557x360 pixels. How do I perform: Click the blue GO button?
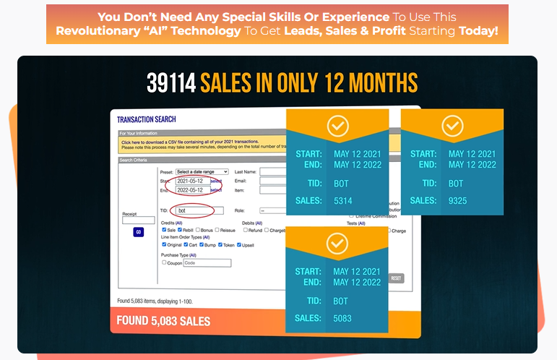138,232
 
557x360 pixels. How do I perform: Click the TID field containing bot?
194,210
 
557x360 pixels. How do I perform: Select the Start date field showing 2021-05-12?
192,181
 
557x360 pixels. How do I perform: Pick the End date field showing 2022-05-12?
192,189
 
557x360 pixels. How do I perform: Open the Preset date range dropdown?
202,171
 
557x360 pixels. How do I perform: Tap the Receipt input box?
138,220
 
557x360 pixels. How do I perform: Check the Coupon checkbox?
163,263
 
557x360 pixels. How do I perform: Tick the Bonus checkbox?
197,230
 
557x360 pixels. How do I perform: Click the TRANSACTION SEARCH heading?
147,119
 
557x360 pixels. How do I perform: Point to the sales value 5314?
343,200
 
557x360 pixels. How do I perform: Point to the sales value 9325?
459,200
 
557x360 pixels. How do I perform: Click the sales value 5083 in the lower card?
343,318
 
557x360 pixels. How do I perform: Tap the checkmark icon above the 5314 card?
337,127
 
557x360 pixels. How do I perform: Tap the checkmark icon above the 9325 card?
452,127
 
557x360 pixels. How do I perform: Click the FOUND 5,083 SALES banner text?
164,321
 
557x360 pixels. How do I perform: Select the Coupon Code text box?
207,263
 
